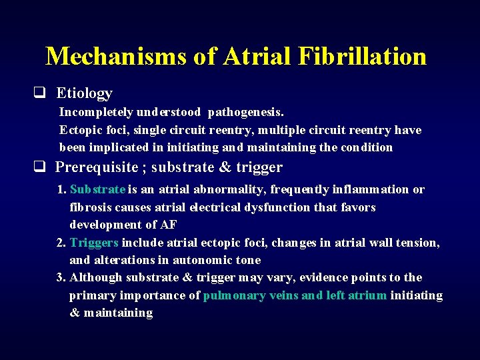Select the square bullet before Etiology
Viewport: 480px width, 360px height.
[x=40, y=93]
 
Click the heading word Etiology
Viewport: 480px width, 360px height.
[x=84, y=93]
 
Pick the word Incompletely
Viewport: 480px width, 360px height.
[x=96, y=113]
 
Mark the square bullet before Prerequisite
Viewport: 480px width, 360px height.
[x=40, y=167]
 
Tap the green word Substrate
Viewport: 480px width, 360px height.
[x=97, y=189]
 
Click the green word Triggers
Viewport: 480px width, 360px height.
[x=94, y=243]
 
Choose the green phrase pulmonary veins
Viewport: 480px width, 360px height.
[x=251, y=295]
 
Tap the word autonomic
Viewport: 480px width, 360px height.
[x=197, y=260]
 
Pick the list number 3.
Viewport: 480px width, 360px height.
[x=61, y=277]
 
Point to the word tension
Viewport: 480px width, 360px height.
[x=419, y=243]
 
